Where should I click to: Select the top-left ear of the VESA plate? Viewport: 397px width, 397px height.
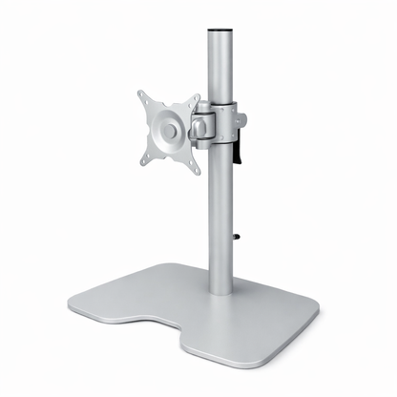tap(143, 96)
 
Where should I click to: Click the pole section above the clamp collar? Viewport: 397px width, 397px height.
tap(219, 67)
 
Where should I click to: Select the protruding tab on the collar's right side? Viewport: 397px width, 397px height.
tap(241, 118)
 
